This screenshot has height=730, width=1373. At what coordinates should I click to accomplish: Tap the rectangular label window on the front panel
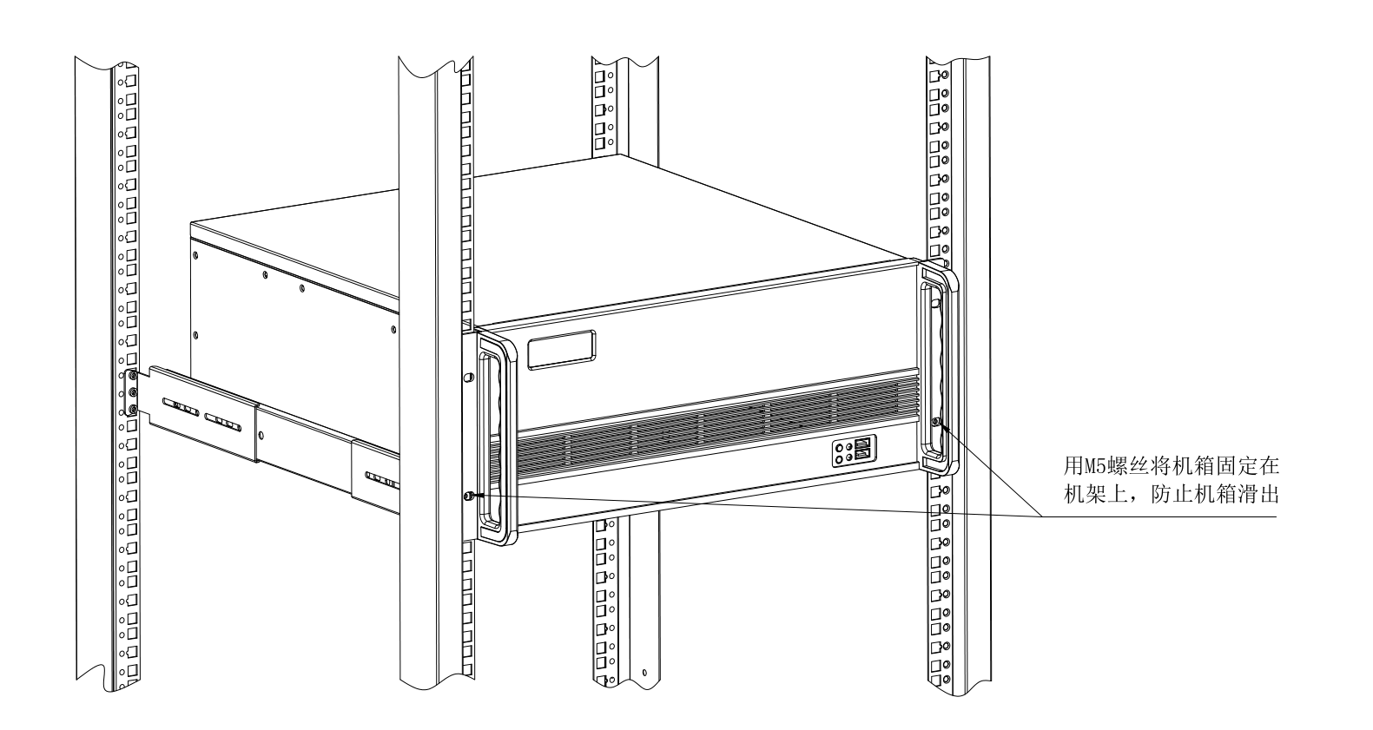click(563, 350)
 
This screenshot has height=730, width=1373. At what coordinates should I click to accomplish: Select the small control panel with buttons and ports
click(853, 452)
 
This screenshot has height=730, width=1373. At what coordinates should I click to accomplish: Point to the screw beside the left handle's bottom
click(470, 497)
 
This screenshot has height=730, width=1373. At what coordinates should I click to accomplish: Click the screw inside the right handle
click(935, 422)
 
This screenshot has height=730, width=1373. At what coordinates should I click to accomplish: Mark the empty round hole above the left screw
click(469, 378)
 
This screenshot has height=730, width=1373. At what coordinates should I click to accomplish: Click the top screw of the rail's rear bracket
click(132, 377)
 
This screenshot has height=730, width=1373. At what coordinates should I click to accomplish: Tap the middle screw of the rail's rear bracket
click(132, 392)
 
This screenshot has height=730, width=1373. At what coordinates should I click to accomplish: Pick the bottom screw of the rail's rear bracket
click(132, 408)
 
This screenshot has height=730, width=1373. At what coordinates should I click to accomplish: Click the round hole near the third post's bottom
click(644, 673)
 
